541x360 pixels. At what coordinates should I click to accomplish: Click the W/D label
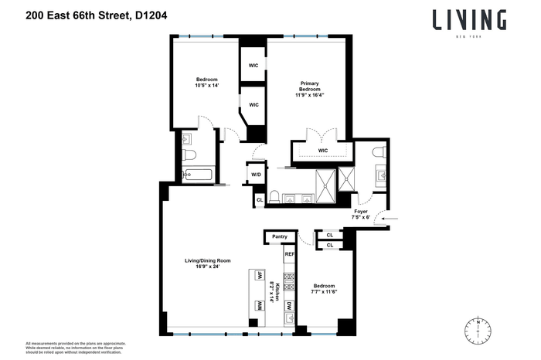[x=255, y=175]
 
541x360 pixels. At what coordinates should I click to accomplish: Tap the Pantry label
[x=278, y=236]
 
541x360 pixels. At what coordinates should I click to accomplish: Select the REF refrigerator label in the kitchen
[x=290, y=254]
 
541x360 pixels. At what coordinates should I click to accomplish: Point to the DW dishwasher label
[x=289, y=306]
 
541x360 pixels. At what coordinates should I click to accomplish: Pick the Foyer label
[x=361, y=211]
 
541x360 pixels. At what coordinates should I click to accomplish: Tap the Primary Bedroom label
[x=309, y=87]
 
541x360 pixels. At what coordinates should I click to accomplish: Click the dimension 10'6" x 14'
[x=206, y=86]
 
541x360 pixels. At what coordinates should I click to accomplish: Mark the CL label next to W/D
[x=260, y=199]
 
